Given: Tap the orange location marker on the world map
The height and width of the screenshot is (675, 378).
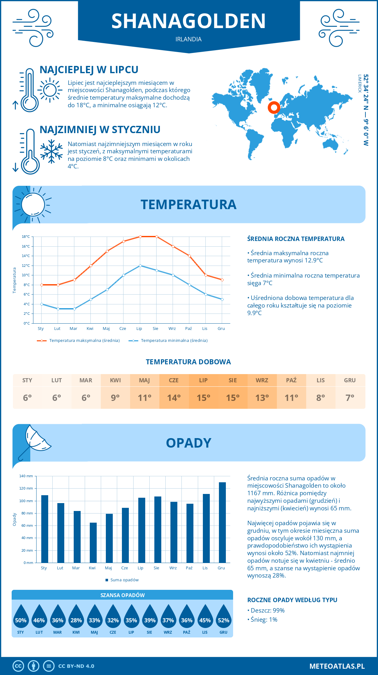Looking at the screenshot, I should pyautogui.click(x=274, y=108).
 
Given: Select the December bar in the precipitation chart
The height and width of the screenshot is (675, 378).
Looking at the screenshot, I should pyautogui.click(x=222, y=522).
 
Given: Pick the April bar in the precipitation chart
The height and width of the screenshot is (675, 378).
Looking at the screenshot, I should pyautogui.click(x=93, y=543).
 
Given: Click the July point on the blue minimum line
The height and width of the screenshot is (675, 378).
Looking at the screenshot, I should pyautogui.click(x=140, y=266).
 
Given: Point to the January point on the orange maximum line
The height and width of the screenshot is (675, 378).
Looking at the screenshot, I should pyautogui.click(x=42, y=285).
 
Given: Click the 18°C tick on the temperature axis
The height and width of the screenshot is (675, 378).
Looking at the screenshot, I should pyautogui.click(x=26, y=237).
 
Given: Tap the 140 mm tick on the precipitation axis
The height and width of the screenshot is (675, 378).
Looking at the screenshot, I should pyautogui.click(x=26, y=476).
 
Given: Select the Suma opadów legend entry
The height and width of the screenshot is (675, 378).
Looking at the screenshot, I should pyautogui.click(x=124, y=580).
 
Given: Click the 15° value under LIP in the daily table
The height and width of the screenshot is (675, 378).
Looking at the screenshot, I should pyautogui.click(x=203, y=398).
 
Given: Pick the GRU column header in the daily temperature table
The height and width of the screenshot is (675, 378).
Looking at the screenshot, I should pyautogui.click(x=350, y=380).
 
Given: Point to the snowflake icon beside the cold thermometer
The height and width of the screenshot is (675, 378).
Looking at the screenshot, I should pyautogui.click(x=51, y=151).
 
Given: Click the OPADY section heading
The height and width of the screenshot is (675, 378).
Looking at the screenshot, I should pyautogui.click(x=188, y=443).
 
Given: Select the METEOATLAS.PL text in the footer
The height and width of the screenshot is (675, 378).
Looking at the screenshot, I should pyautogui.click(x=337, y=666).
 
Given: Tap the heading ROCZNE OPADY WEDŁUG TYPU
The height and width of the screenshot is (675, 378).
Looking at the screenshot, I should pyautogui.click(x=292, y=600).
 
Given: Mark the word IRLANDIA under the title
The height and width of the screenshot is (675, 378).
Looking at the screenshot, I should pyautogui.click(x=188, y=39).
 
